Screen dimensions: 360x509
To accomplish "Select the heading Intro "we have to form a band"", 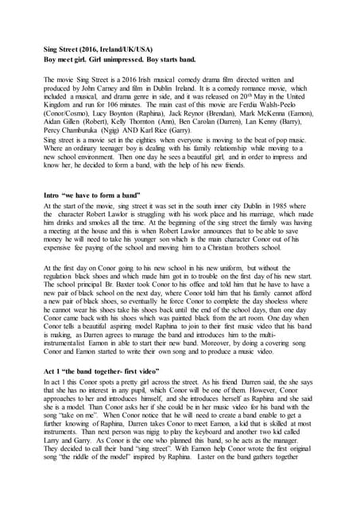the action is pos(91,194).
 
